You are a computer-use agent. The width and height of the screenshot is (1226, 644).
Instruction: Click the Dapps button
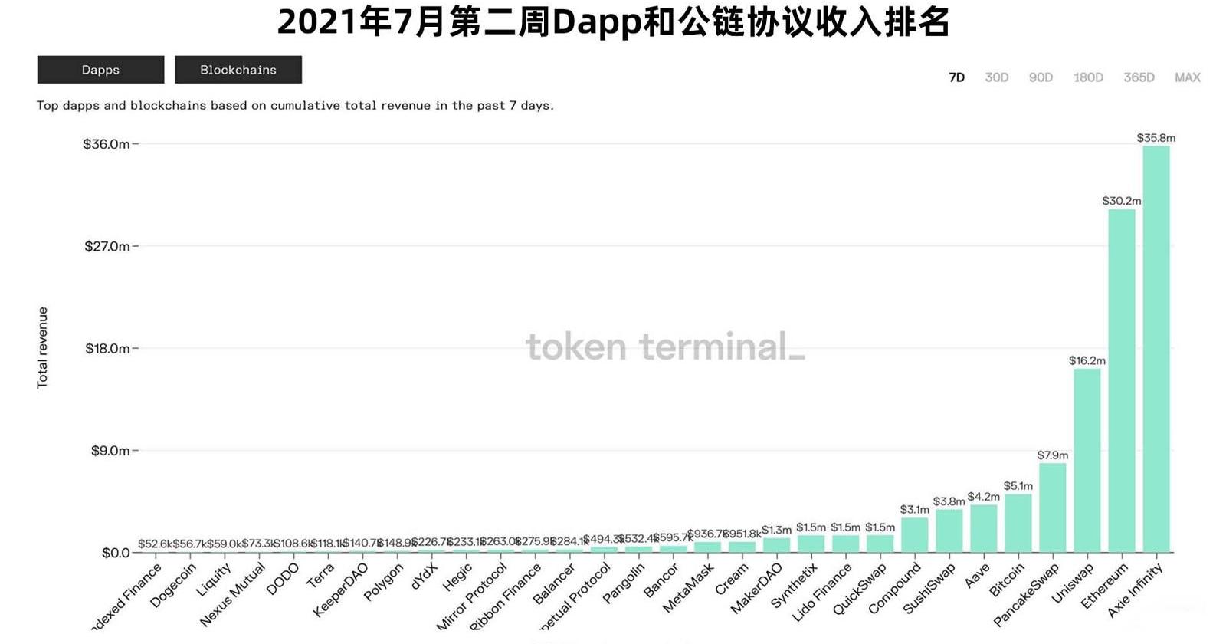tap(100, 70)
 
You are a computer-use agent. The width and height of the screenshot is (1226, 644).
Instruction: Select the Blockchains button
tap(238, 70)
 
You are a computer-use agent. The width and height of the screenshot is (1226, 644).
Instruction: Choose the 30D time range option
tap(996, 77)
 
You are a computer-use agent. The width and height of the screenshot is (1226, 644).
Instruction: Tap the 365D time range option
tap(1139, 77)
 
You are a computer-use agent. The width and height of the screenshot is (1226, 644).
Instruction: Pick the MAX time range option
tap(1187, 77)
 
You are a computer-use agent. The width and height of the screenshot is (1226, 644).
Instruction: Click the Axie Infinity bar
tap(1156, 349)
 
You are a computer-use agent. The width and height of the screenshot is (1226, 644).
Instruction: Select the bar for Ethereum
tap(1121, 380)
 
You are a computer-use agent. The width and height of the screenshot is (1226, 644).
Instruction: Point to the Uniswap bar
tap(1087, 460)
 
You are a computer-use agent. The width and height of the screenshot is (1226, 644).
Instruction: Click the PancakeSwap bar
tap(1052, 508)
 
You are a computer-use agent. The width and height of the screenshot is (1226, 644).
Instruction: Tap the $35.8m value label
tap(1156, 138)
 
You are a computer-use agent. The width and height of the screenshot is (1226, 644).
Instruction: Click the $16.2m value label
tap(1087, 360)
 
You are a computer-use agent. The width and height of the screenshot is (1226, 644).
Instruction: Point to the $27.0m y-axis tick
tap(107, 246)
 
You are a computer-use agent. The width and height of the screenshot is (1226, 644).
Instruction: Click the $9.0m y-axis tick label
tap(110, 451)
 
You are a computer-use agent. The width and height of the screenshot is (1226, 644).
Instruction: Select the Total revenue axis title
tap(43, 348)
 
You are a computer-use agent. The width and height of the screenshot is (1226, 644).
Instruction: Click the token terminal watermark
tap(665, 347)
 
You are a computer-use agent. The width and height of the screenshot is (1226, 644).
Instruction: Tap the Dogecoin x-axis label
tap(174, 585)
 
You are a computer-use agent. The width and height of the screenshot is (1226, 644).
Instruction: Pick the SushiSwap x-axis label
tap(929, 589)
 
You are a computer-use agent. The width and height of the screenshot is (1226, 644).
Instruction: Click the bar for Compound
tap(914, 535)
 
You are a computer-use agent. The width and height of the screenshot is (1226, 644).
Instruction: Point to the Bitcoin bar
tap(1018, 524)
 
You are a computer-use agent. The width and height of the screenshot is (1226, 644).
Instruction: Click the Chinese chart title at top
tap(613, 22)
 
